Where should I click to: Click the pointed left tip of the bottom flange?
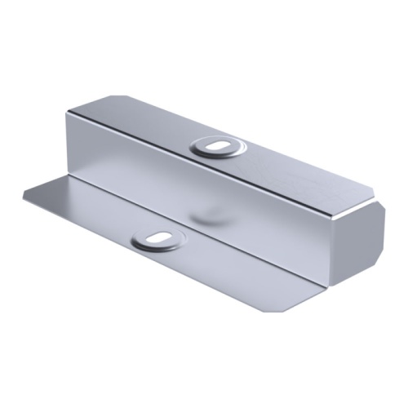[24, 193]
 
